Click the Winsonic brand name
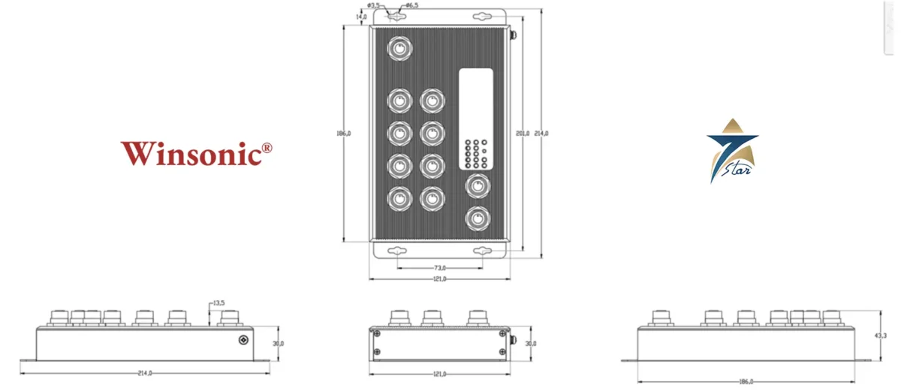pyautogui.click(x=191, y=153)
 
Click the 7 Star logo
pyautogui.click(x=731, y=151)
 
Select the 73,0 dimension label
pyautogui.click(x=439, y=267)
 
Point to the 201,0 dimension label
pyautogui.click(x=523, y=133)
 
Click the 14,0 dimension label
pyautogui.click(x=362, y=16)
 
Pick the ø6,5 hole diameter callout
pyautogui.click(x=411, y=5)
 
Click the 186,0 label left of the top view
pyautogui.click(x=344, y=133)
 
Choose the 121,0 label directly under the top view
pyautogui.click(x=439, y=278)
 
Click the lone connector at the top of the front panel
pyautogui.click(x=400, y=50)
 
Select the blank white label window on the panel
pyautogui.click(x=476, y=101)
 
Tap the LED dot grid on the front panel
pyautogui.click(x=476, y=152)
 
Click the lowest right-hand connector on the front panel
pyautogui.click(x=476, y=218)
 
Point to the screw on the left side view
pyautogui.click(x=243, y=341)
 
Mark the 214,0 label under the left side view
pyautogui.click(x=145, y=373)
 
